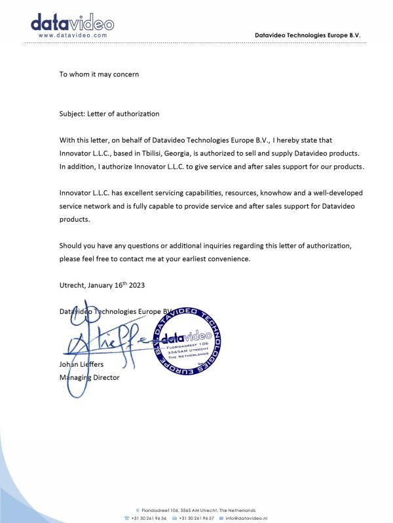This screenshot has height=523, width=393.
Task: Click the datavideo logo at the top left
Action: [x=72, y=23]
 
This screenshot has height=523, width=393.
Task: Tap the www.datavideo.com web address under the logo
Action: [x=72, y=35]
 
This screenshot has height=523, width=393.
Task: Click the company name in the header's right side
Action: [x=308, y=35]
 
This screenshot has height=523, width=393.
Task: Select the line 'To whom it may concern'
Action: [x=99, y=74]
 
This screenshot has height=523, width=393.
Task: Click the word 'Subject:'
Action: [x=73, y=114]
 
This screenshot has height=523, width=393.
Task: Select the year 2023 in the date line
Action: [x=135, y=286]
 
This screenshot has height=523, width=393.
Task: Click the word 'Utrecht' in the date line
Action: [x=72, y=286]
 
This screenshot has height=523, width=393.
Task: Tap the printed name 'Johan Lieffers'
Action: [x=82, y=365]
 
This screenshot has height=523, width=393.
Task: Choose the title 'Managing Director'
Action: [x=89, y=377]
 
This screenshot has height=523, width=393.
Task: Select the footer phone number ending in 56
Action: [x=149, y=517]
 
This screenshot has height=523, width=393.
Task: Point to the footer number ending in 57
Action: [x=196, y=517]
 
